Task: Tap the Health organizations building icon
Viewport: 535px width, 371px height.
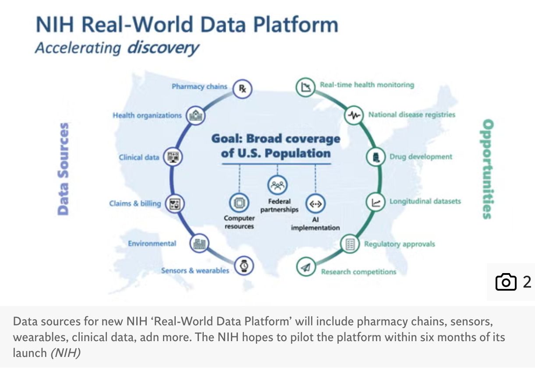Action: click(x=195, y=115)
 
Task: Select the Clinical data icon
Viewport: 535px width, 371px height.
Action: click(x=172, y=157)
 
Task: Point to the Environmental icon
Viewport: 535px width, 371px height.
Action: click(x=199, y=243)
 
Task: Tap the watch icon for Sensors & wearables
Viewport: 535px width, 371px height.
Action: click(x=244, y=265)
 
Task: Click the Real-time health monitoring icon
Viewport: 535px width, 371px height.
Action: click(x=305, y=87)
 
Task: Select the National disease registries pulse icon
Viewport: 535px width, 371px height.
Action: click(x=354, y=115)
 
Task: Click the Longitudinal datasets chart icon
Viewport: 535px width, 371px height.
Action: click(x=376, y=202)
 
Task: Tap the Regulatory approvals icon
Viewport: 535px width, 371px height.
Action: click(x=350, y=244)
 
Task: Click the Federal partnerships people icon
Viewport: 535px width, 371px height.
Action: click(x=278, y=185)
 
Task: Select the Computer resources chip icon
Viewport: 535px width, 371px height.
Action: click(x=239, y=203)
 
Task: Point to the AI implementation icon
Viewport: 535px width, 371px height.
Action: click(x=315, y=204)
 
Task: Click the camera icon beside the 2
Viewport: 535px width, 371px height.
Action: click(x=506, y=281)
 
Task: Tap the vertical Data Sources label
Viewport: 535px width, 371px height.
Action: click(x=64, y=169)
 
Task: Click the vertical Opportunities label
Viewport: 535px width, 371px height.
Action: click(x=487, y=169)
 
